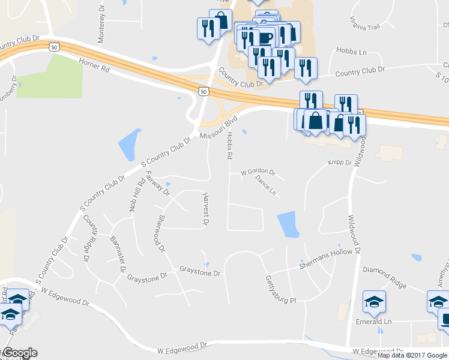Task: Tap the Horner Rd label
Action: [x=94, y=65]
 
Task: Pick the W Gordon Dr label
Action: [x=258, y=173]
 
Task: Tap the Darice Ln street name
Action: [x=265, y=185]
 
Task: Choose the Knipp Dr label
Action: [x=339, y=162]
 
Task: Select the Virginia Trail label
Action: [x=364, y=23]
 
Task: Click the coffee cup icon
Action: [x=265, y=38]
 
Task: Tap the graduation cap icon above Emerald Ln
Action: [x=375, y=302]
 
